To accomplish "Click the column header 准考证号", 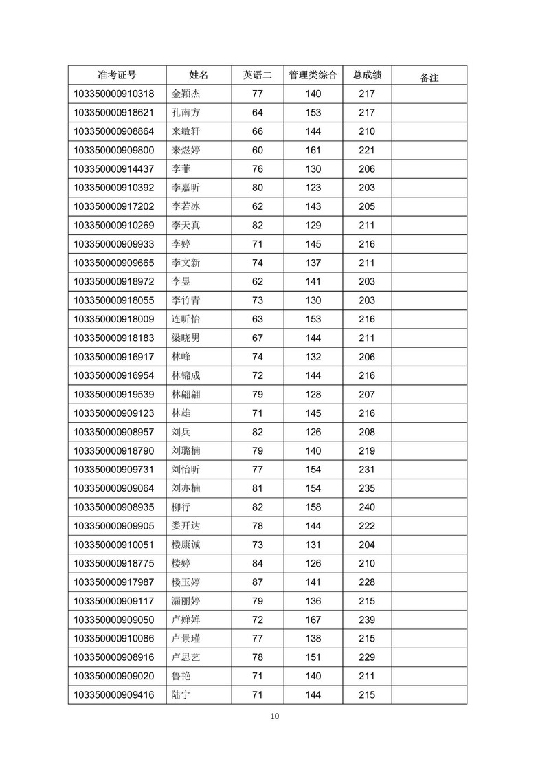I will click(x=117, y=75).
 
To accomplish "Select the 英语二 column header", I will click(x=258, y=75).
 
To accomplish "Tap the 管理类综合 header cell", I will click(x=313, y=75).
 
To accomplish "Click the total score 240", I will click(x=367, y=507).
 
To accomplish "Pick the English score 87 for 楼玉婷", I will click(x=258, y=582).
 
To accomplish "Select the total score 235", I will click(x=367, y=489).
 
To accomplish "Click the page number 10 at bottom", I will click(x=275, y=716).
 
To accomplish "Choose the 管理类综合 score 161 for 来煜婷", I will click(x=313, y=151).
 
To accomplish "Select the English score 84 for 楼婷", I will click(x=258, y=564).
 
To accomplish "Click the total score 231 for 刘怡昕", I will click(x=367, y=470).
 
